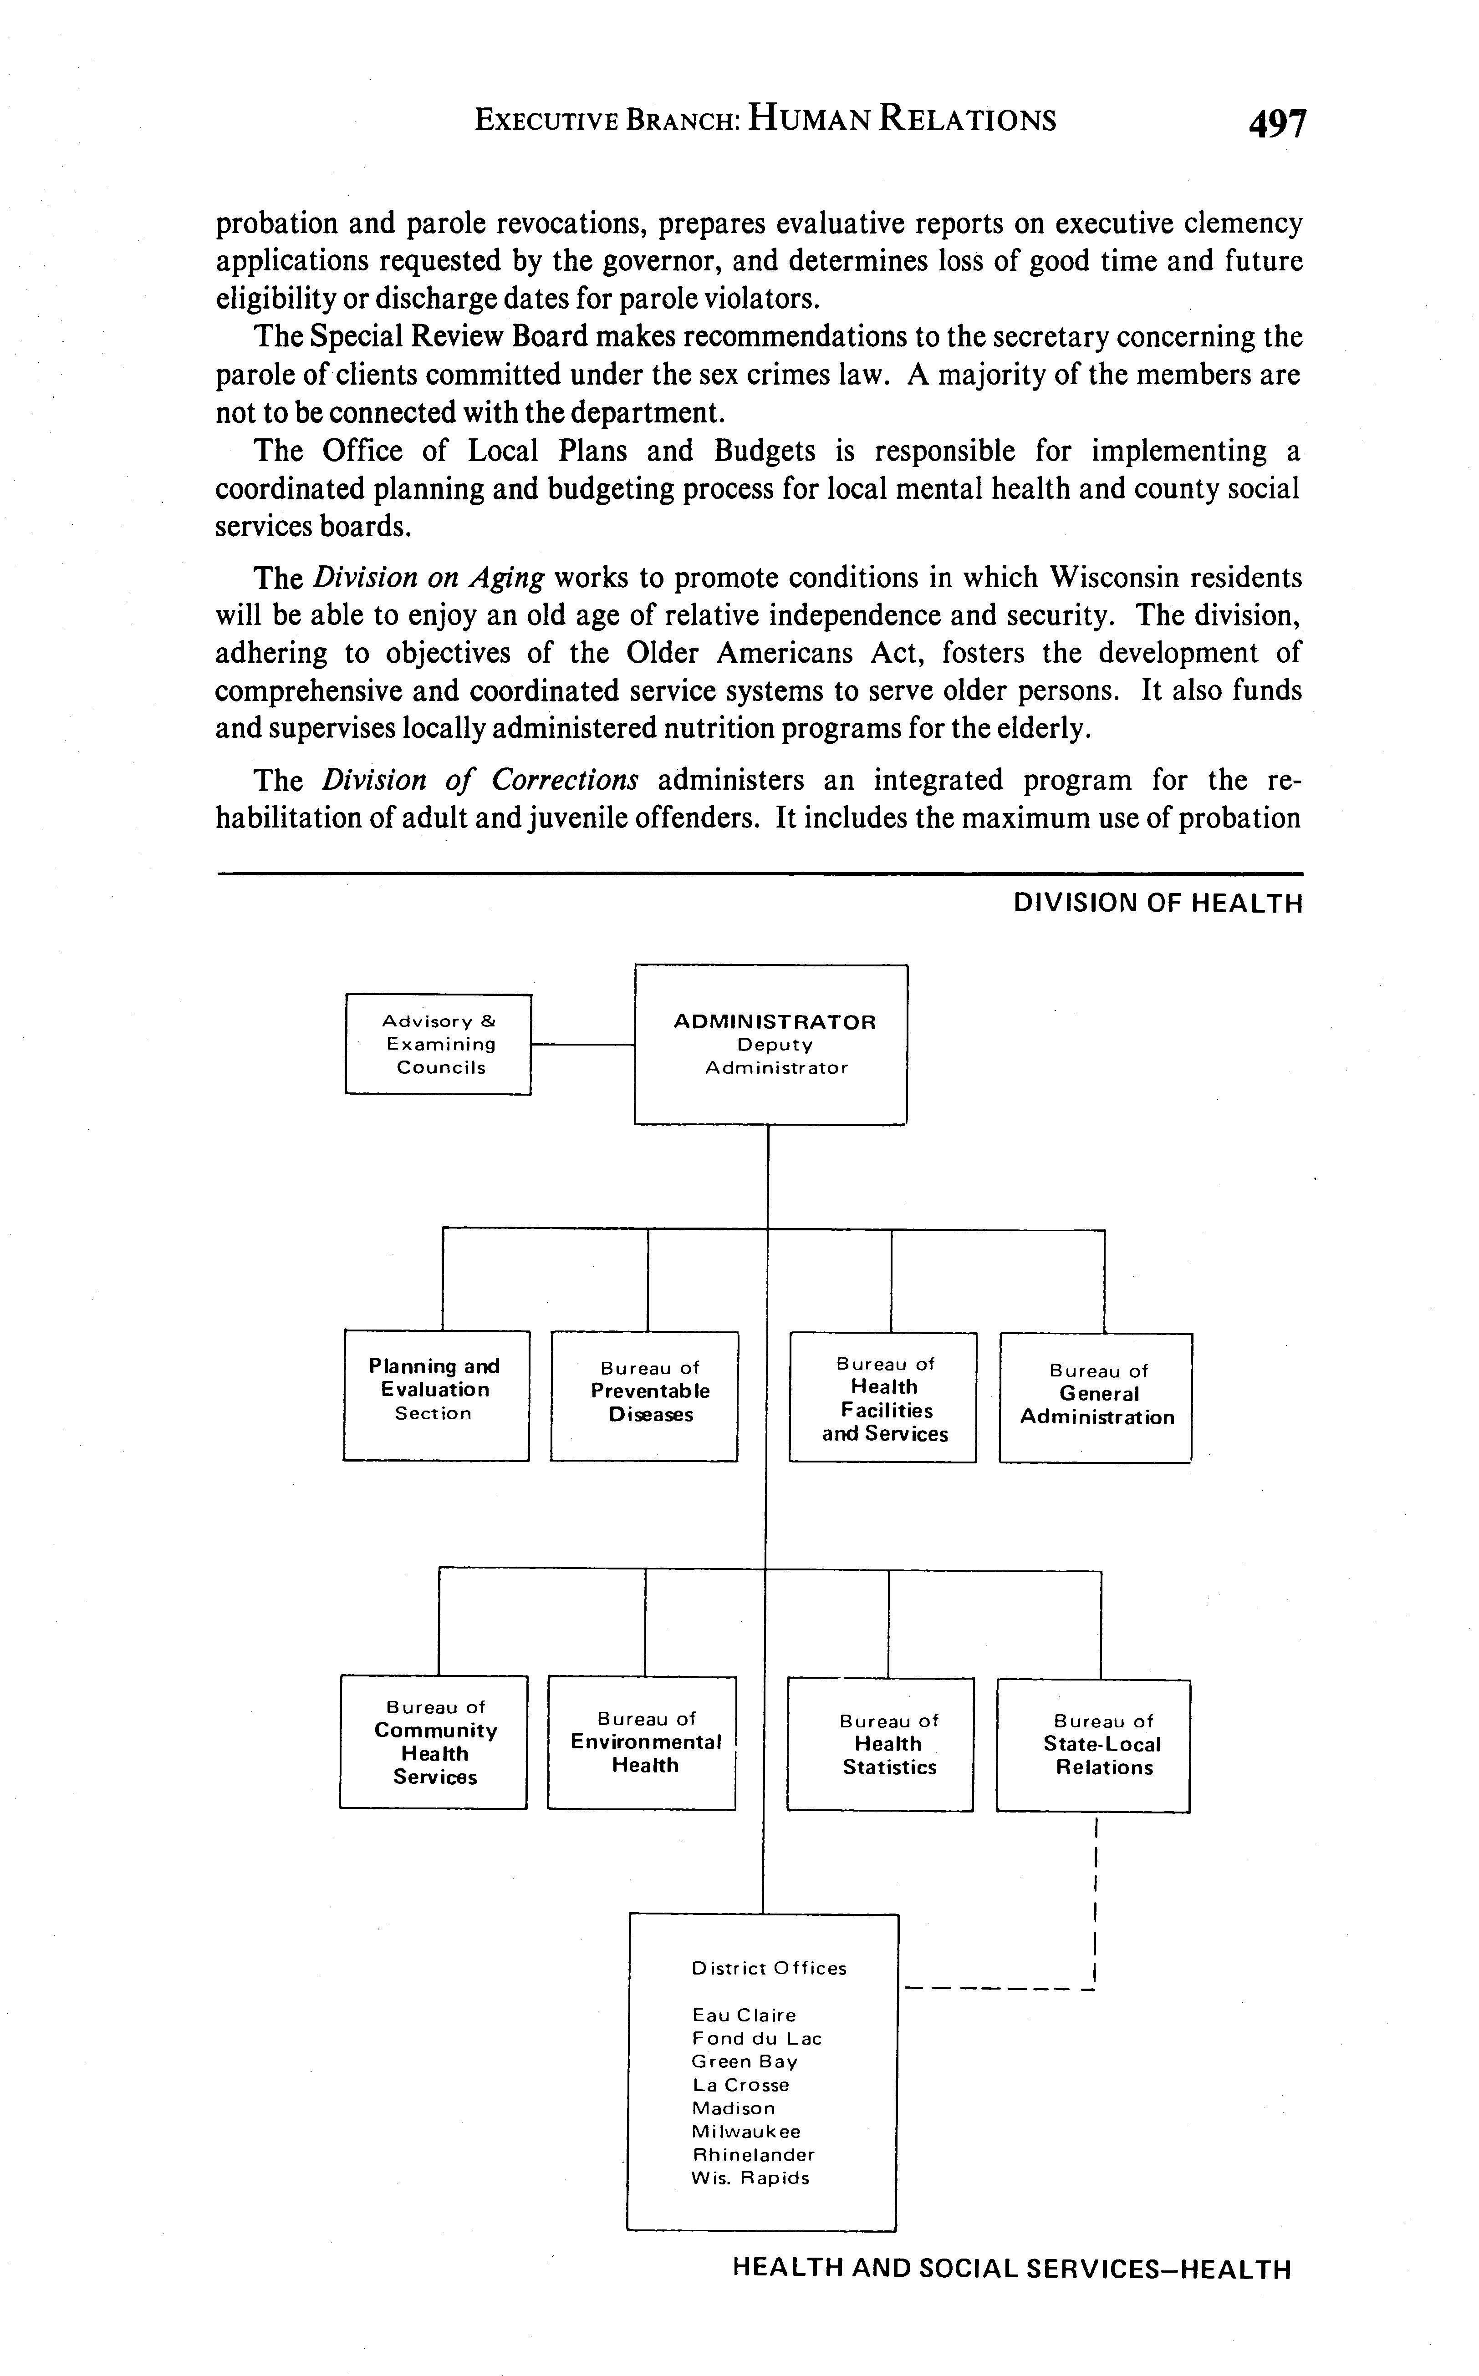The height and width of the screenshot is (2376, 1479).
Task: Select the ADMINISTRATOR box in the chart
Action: [771, 1044]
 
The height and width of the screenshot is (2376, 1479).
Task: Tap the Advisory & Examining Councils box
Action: [438, 1044]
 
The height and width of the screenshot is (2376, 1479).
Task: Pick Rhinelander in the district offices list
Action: [752, 2154]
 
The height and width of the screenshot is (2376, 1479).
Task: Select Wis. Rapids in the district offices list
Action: [750, 2178]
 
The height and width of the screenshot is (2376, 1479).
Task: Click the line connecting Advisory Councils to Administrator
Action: [583, 1044]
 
